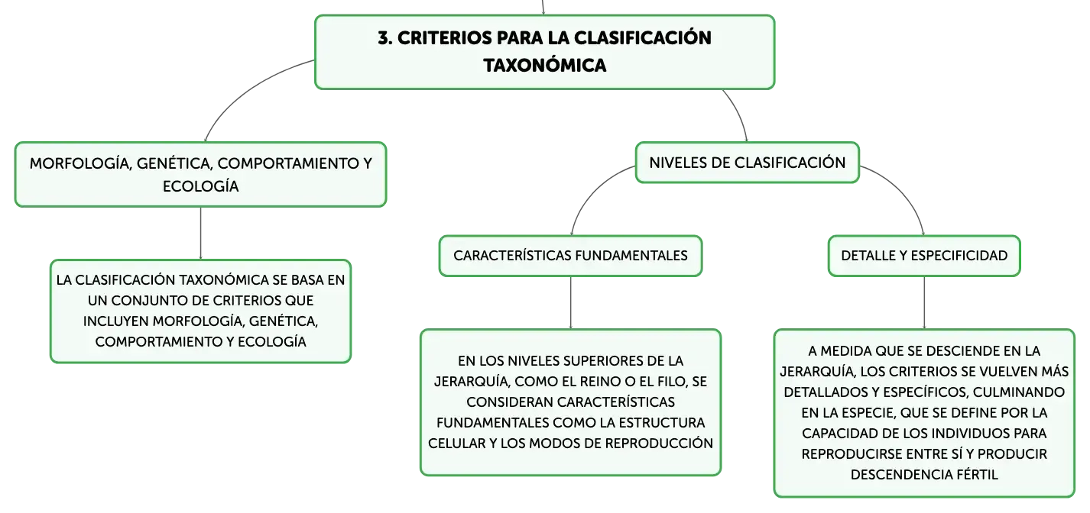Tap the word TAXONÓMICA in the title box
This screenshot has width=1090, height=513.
coord(545,65)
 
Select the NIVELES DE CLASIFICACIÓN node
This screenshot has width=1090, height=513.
coord(748,163)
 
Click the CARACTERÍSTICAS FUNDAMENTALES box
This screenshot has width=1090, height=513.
coord(570,256)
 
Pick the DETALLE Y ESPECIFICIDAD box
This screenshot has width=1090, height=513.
coord(924,256)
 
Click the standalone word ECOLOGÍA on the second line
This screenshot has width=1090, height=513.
coord(200,186)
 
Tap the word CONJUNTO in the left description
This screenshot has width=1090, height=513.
coord(156,301)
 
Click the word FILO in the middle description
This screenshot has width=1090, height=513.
coord(673,382)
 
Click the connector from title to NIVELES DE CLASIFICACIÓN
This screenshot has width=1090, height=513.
coord(738,114)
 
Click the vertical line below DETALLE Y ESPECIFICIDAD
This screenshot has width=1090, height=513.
coord(924,302)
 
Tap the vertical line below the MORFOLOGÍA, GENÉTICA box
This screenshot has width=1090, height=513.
coord(200,233)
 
